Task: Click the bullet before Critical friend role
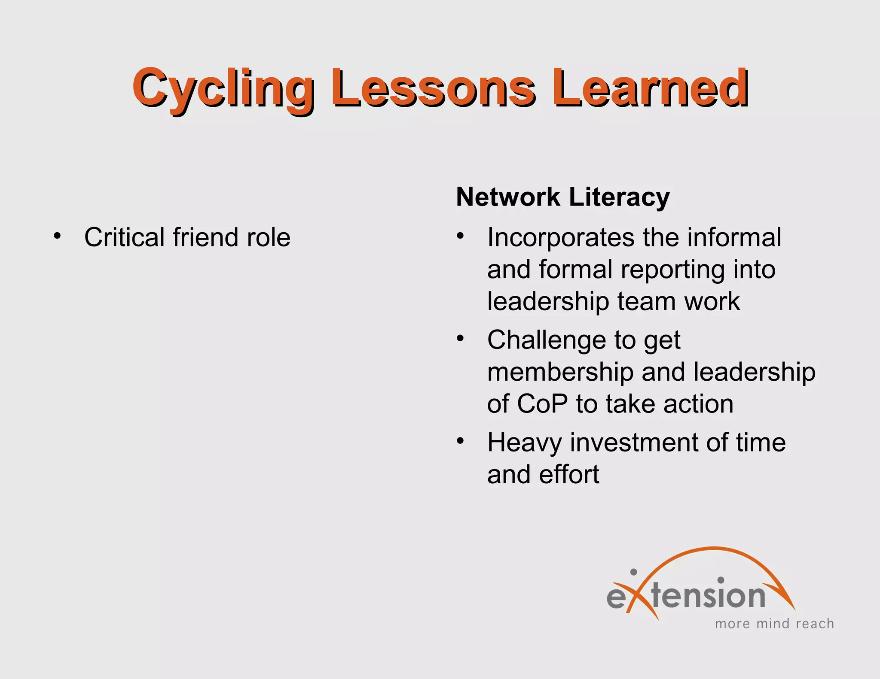point(57,236)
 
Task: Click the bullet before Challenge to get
point(461,338)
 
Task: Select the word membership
point(560,372)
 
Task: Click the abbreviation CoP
point(542,404)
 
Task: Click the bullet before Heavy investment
point(461,441)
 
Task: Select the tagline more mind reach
point(774,624)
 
